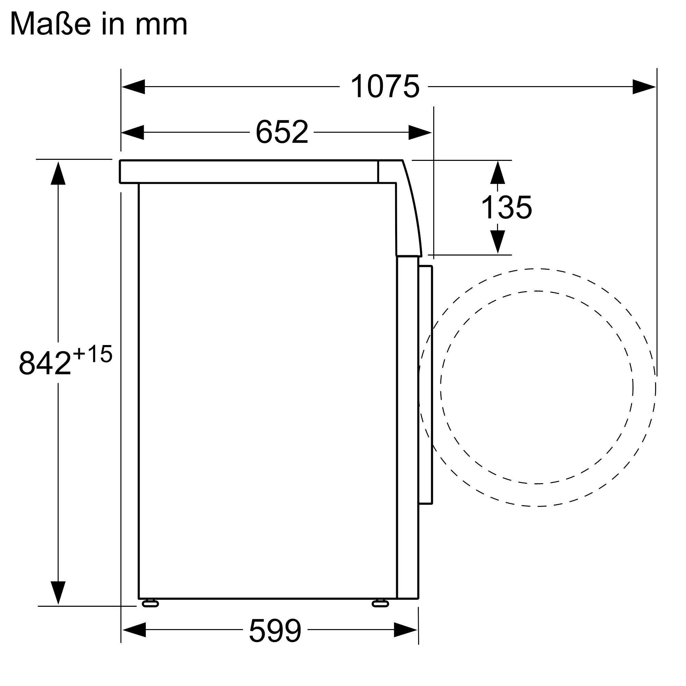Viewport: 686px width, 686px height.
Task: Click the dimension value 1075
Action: click(x=385, y=86)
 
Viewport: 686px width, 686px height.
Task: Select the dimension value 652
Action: click(x=282, y=132)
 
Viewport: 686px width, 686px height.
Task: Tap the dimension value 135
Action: click(x=506, y=208)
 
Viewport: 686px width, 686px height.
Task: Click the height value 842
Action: click(x=45, y=363)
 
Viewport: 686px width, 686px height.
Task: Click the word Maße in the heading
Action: click(x=50, y=24)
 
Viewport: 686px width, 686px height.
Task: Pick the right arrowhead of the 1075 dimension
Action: click(x=644, y=87)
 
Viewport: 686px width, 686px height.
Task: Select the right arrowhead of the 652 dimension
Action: click(x=420, y=132)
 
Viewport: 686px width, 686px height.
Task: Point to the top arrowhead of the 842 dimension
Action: click(x=58, y=173)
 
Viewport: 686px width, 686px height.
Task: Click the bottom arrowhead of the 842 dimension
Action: click(x=58, y=592)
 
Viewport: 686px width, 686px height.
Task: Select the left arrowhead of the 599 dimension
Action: click(x=134, y=629)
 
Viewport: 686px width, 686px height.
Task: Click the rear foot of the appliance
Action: click(x=150, y=603)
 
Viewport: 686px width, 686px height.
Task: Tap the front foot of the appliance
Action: click(x=380, y=603)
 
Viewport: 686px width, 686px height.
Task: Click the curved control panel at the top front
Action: click(x=408, y=213)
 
